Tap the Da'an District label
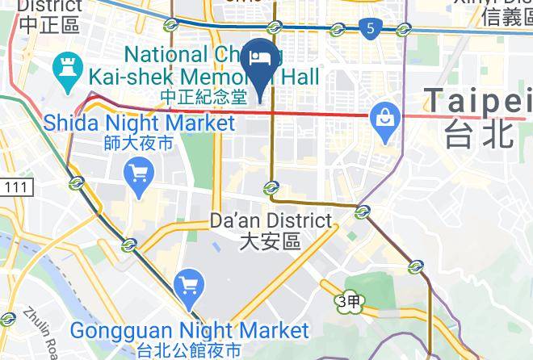271,220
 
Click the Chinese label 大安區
271,240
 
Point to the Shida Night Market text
139,123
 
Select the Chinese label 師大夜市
139,144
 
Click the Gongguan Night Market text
190,331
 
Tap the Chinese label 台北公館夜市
190,350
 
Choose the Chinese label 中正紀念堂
201,96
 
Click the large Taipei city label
476,103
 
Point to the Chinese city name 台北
478,134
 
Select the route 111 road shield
16,187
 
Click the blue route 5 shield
370,29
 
